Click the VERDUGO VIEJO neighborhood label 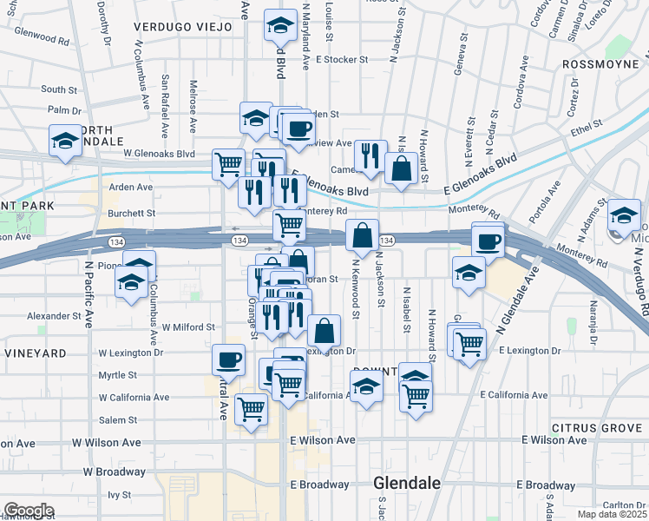(183, 27)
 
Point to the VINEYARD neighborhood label (35, 354)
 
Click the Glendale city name (406, 483)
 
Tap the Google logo (28, 511)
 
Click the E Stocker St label (343, 60)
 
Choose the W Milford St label (188, 327)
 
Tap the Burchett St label (132, 213)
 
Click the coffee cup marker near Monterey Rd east (488, 241)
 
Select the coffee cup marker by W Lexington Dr (229, 359)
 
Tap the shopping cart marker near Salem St (251, 408)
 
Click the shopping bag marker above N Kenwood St (362, 234)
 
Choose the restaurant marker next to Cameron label (370, 155)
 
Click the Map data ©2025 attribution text (612, 514)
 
